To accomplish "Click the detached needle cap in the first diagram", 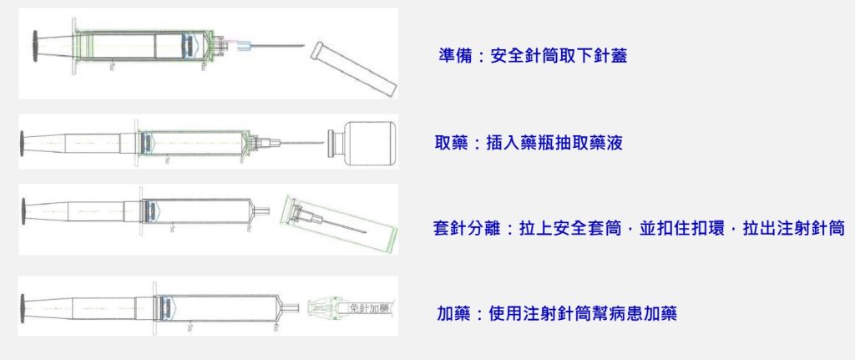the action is point(354,69).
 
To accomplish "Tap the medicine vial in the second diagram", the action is point(362,144).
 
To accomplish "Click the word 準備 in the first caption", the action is point(455,55).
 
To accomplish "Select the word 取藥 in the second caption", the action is point(451,143).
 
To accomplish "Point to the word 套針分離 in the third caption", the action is point(467,228).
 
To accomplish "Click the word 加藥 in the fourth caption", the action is point(453,314).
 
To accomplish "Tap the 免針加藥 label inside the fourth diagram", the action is point(370,309).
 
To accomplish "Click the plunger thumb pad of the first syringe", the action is point(35,46).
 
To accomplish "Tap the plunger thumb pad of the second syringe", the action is point(22,143).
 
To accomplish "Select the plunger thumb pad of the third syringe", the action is point(24,211).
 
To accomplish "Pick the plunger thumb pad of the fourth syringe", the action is point(23,308).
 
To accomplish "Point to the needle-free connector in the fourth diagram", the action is point(326,309).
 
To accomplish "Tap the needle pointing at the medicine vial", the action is point(302,144).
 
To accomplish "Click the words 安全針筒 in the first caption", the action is point(524,55).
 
